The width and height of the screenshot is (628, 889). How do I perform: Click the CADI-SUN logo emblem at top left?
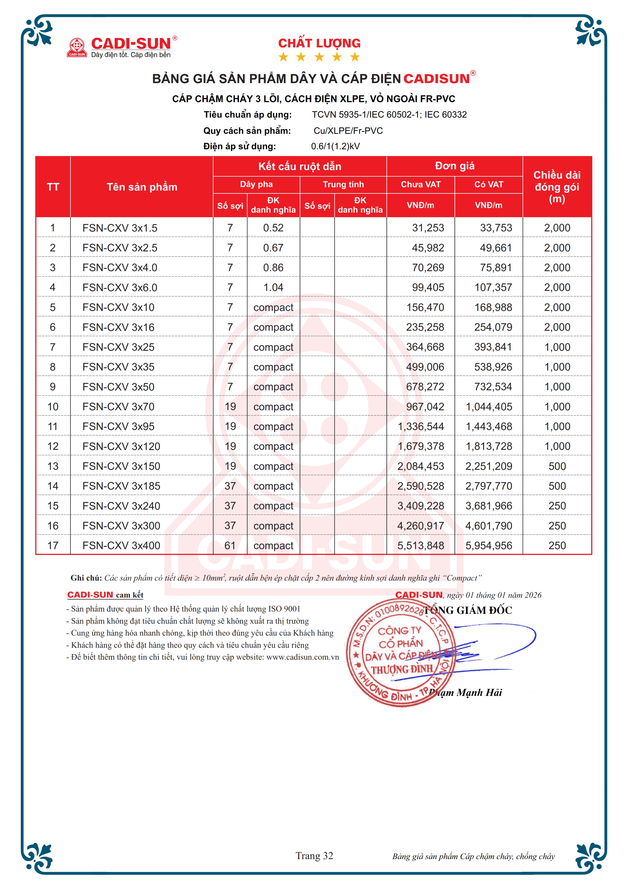coord(77,47)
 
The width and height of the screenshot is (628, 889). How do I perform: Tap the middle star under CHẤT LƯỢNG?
coord(319,57)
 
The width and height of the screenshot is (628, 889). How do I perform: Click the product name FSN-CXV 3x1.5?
coord(120,228)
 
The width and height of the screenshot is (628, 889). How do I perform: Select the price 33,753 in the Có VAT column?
coord(496,228)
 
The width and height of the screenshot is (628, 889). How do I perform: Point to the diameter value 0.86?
coord(273,268)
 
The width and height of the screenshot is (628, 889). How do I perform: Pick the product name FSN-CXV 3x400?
coord(121,546)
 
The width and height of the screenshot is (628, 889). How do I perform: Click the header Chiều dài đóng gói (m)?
coord(557,187)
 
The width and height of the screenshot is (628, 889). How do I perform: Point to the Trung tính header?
coord(343,184)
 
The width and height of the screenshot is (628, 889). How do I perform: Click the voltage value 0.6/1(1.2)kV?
coord(335,146)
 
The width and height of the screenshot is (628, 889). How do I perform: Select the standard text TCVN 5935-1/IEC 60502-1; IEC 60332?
coord(389,115)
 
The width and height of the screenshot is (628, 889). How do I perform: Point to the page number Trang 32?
coord(314,856)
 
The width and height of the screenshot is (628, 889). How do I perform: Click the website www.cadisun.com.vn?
coord(302,657)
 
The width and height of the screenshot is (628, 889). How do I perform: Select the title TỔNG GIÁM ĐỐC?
coord(468,610)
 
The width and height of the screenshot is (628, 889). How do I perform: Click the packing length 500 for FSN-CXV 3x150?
coord(557,466)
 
